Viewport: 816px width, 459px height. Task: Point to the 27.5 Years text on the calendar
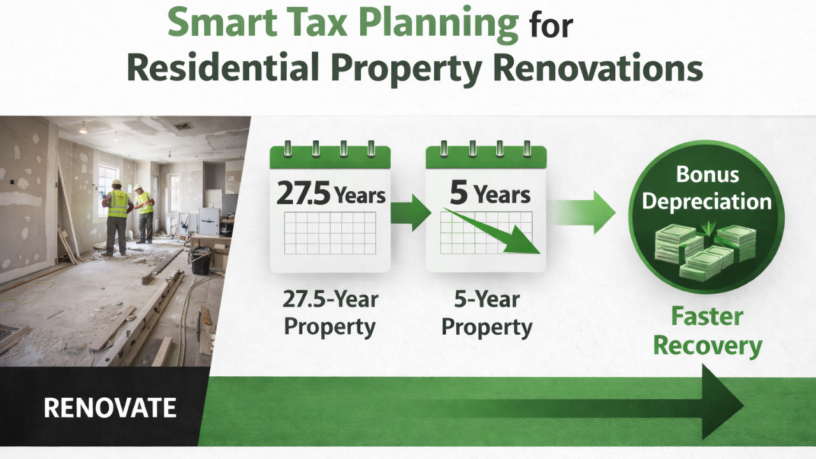(330, 194)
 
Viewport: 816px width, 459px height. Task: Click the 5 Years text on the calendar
(490, 193)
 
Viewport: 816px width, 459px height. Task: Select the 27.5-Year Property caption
(330, 312)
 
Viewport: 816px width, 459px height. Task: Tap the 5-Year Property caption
(486, 312)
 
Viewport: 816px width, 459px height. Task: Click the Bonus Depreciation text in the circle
(706, 188)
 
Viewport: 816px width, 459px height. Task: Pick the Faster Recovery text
(708, 331)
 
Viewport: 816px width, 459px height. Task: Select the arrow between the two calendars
(411, 212)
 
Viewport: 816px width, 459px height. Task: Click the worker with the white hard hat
(144, 214)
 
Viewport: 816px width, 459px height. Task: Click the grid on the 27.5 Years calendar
(330, 233)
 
